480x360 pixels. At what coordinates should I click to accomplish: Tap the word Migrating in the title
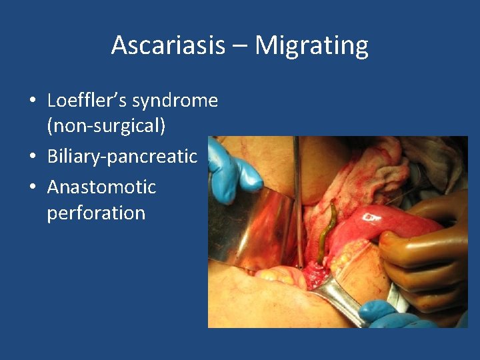(x=311, y=45)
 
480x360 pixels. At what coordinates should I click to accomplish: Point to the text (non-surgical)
(x=105, y=127)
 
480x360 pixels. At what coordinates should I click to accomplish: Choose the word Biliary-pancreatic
(x=122, y=157)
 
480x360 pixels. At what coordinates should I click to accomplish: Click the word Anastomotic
(x=101, y=187)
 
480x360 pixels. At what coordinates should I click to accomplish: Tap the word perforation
(x=96, y=213)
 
